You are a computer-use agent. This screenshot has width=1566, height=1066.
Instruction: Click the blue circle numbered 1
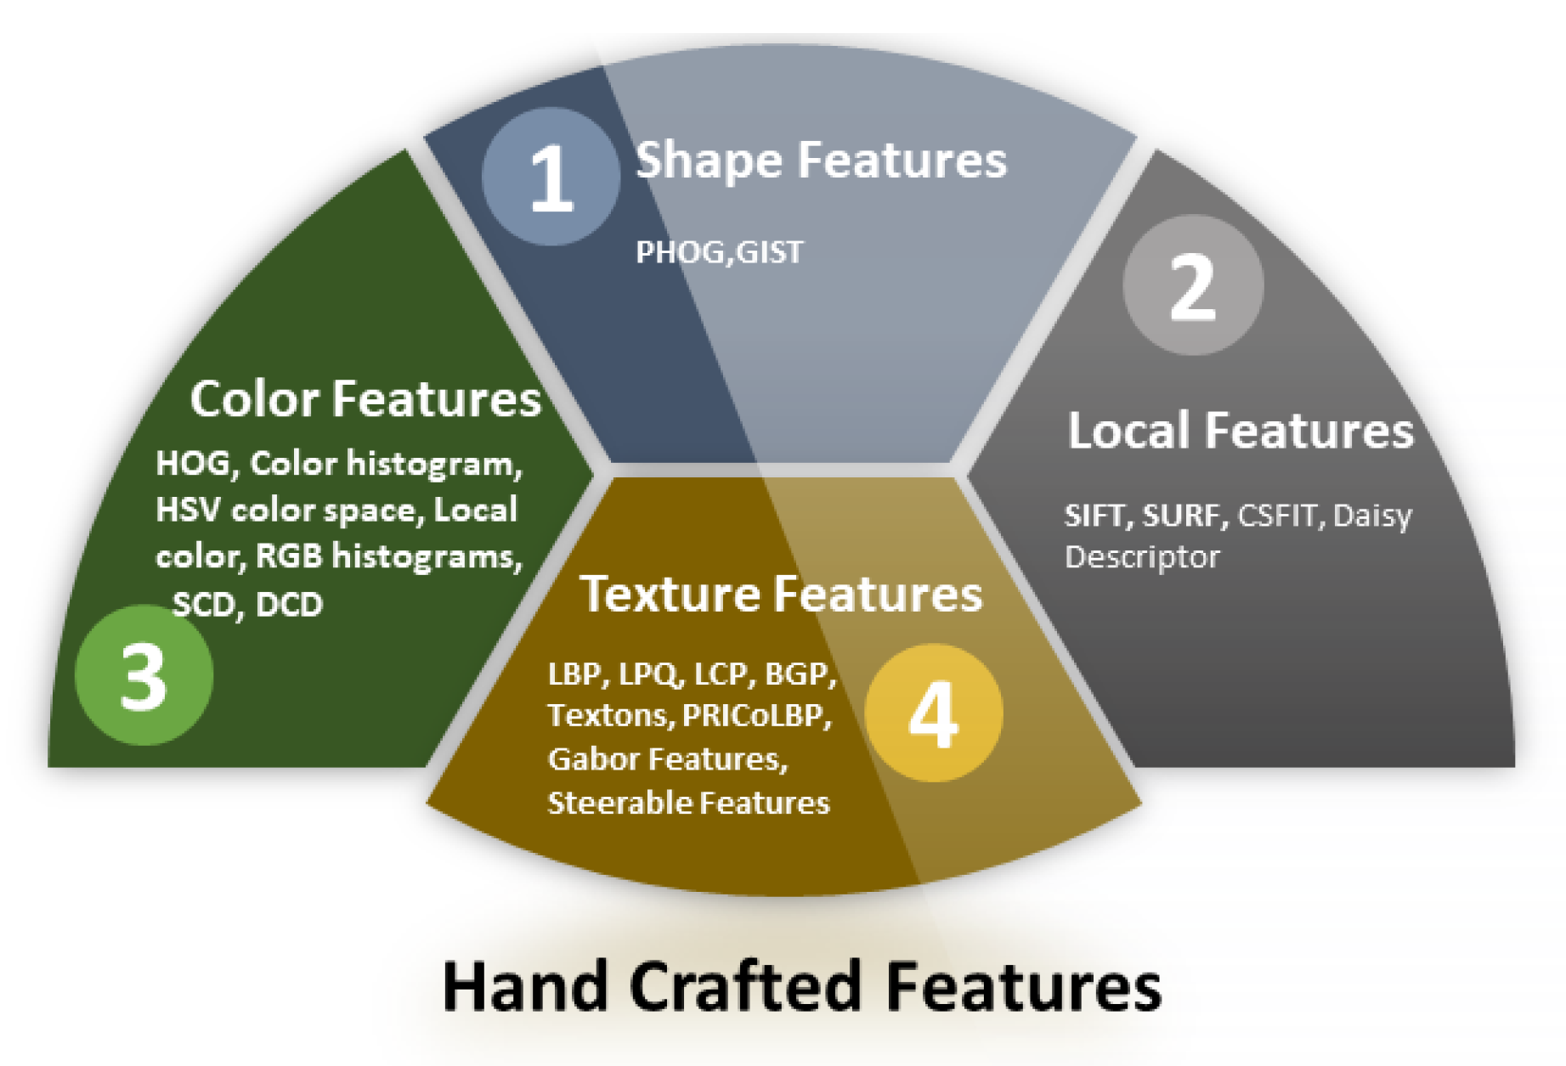pyautogui.click(x=551, y=177)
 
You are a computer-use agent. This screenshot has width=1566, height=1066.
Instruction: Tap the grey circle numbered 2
pyautogui.click(x=1193, y=285)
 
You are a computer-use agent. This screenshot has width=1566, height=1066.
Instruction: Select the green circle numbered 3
pyautogui.click(x=144, y=675)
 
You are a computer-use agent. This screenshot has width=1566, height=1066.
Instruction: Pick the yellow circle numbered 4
pyautogui.click(x=934, y=713)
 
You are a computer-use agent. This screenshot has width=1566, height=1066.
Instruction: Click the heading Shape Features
pyautogui.click(x=821, y=161)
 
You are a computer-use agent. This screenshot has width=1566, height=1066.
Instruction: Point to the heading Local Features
pyautogui.click(x=1240, y=430)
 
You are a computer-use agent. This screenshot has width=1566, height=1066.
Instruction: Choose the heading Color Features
pyautogui.click(x=365, y=398)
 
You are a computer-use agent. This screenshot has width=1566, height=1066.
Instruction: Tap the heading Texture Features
pyautogui.click(x=781, y=593)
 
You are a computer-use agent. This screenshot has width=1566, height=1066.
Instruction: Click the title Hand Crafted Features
pyautogui.click(x=801, y=985)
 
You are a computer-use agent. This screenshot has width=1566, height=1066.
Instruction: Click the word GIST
pyautogui.click(x=769, y=252)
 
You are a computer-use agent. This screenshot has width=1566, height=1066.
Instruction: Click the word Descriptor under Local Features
pyautogui.click(x=1142, y=557)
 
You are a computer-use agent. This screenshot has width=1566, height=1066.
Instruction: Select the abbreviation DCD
pyautogui.click(x=289, y=604)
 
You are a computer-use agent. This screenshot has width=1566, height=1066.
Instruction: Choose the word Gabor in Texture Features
pyautogui.click(x=593, y=759)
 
